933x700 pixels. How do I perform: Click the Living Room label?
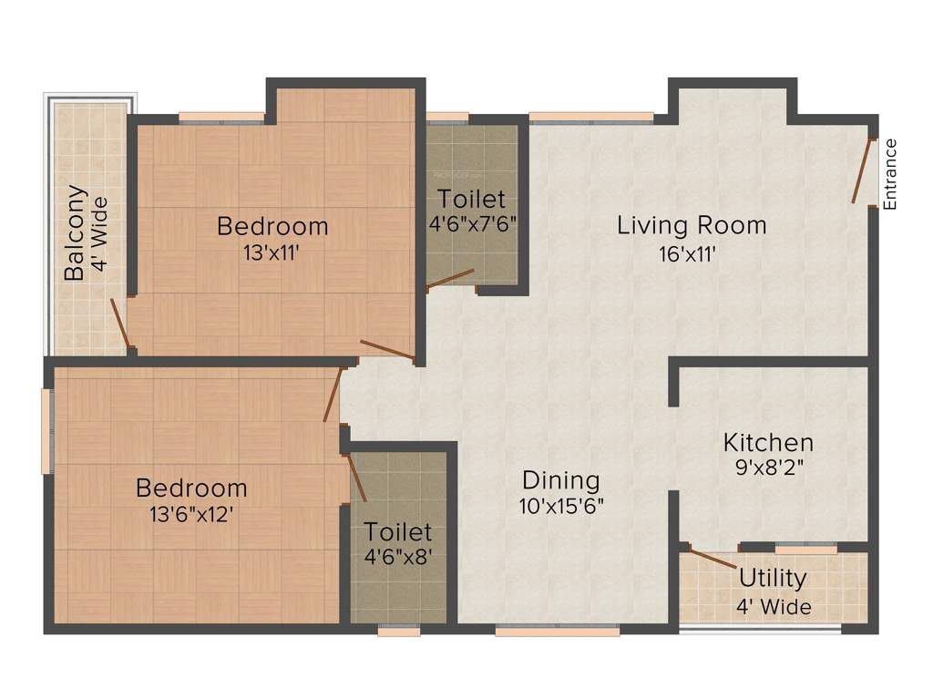tap(692, 225)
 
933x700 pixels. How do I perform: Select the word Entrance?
tap(890, 173)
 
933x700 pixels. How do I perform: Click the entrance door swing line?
tap(862, 170)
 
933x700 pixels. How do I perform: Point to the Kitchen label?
tap(768, 443)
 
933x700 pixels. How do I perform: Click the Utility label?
tap(773, 579)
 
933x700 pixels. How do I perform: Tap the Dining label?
tap(560, 480)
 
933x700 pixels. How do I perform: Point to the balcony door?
tap(119, 324)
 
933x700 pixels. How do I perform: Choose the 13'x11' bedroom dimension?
tap(272, 254)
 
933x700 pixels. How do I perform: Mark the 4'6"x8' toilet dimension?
tap(398, 557)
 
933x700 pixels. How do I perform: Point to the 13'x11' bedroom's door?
tap(387, 350)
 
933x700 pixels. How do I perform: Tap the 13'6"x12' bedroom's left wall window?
tap(46, 431)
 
